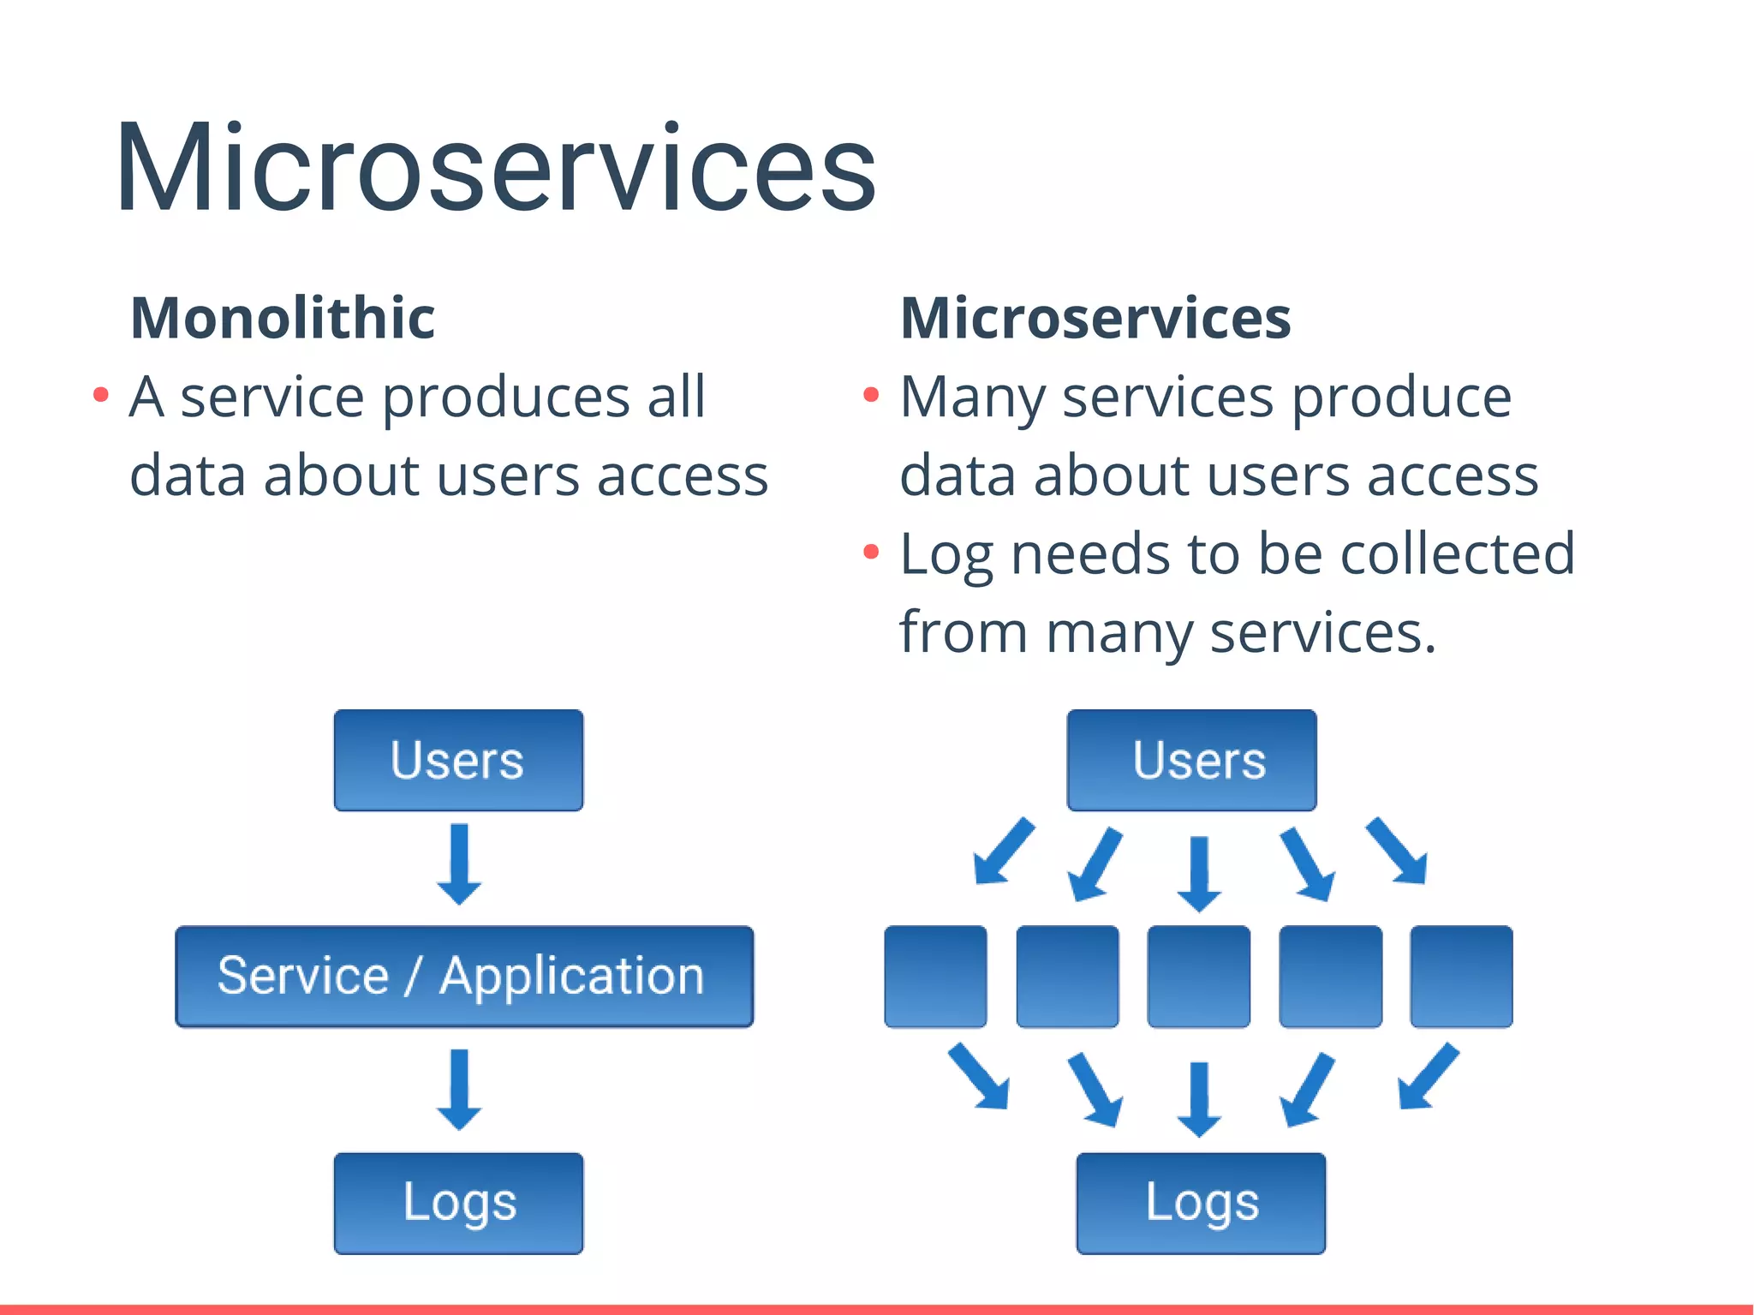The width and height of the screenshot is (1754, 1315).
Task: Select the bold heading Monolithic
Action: pyautogui.click(x=283, y=318)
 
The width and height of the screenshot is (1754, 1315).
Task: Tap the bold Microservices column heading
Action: pyautogui.click(x=1095, y=318)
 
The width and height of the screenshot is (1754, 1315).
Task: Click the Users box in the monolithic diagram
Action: pyautogui.click(x=458, y=760)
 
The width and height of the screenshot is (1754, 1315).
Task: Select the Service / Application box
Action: pyautogui.click(x=463, y=976)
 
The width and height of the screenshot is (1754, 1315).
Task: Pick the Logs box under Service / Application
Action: pyautogui.click(x=458, y=1203)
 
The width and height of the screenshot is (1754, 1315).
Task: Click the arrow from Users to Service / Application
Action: pyautogui.click(x=459, y=864)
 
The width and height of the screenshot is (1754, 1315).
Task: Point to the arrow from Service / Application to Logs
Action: pyautogui.click(x=459, y=1089)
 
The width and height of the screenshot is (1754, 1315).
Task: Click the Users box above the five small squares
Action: pyautogui.click(x=1191, y=760)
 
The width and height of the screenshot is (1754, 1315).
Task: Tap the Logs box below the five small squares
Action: pyautogui.click(x=1201, y=1203)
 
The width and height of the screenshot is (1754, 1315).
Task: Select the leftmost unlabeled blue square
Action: pyautogui.click(x=935, y=976)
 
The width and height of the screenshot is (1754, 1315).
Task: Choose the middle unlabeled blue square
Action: pyautogui.click(x=1198, y=976)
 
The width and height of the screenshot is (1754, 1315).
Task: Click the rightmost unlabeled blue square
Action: pyautogui.click(x=1461, y=976)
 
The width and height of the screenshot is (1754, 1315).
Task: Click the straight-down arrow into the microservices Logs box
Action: pyautogui.click(x=1199, y=1099)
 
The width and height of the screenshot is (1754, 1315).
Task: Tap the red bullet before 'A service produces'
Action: pyautogui.click(x=101, y=395)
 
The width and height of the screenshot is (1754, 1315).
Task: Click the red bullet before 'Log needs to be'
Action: pyautogui.click(x=871, y=552)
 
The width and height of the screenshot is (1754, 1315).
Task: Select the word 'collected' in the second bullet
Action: pyautogui.click(x=1457, y=553)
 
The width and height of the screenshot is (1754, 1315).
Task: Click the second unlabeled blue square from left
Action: pyautogui.click(x=1067, y=976)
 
